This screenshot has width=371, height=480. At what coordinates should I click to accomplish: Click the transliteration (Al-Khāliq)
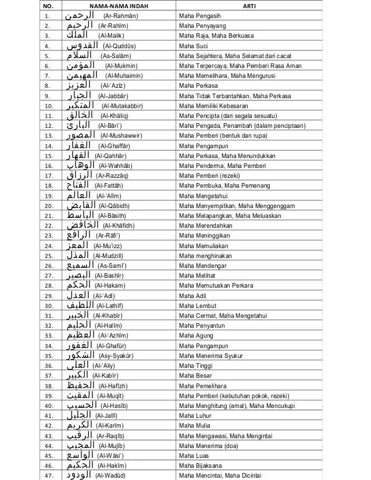pyautogui.click(x=116, y=116)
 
